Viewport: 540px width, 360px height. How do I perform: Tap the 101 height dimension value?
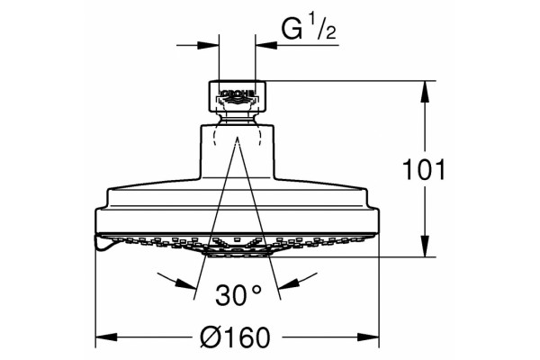[424, 169]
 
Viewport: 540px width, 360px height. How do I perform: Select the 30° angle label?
[238, 295]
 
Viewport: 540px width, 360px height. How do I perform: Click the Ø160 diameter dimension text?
[235, 337]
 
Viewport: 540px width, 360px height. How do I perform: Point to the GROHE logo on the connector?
[237, 95]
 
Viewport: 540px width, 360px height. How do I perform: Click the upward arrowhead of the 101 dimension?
[426, 91]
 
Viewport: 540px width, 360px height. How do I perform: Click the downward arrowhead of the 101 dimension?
[426, 247]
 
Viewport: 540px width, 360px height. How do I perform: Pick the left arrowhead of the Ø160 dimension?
[106, 337]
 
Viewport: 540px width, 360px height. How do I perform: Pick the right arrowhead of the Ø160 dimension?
[368, 337]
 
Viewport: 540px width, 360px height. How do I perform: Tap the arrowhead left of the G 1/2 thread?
[209, 45]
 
